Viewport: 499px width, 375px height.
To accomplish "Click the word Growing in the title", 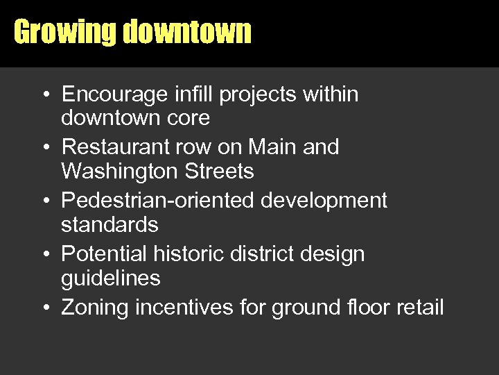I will click(66, 33).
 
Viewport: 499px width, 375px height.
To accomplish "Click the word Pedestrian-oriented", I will click(157, 201).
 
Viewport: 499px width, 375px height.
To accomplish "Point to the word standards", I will click(110, 225).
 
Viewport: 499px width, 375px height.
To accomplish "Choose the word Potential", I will click(103, 254).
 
